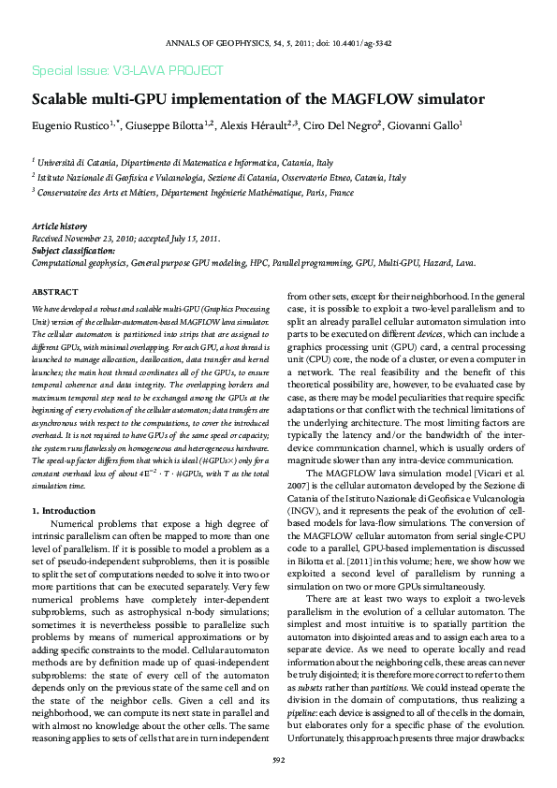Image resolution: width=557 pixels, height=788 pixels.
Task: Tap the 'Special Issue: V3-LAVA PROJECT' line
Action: [127, 70]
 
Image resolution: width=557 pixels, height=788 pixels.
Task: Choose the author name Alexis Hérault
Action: [258, 124]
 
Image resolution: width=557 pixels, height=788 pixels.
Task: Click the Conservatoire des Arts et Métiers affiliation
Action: [196, 192]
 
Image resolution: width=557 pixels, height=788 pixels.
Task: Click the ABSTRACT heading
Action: [54, 293]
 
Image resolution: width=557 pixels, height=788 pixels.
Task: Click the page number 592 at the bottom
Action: [278, 760]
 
